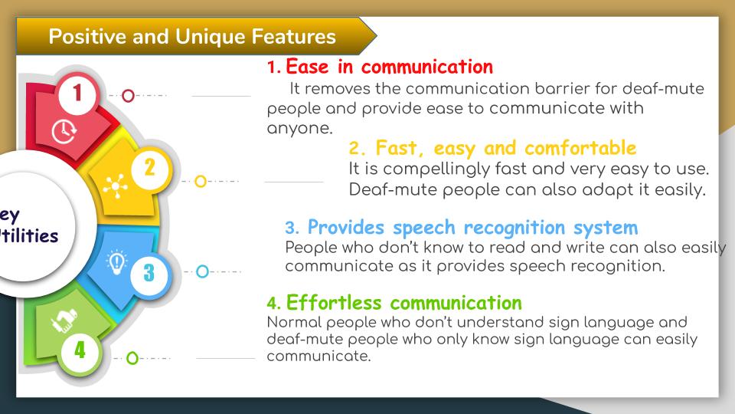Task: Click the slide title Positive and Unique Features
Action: (x=192, y=37)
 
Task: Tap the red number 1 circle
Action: (x=77, y=94)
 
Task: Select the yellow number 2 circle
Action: (x=150, y=168)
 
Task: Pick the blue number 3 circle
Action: (x=149, y=272)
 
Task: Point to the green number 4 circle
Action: (x=80, y=350)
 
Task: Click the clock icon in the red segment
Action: (x=64, y=131)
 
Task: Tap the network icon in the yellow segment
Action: (x=116, y=186)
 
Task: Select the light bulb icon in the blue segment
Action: (x=116, y=262)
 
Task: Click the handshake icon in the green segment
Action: (x=64, y=321)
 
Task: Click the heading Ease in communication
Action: (x=381, y=67)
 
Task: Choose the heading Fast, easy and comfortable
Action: (x=492, y=148)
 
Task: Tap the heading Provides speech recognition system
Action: (x=462, y=228)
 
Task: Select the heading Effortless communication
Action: (x=394, y=303)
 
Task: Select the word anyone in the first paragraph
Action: (x=299, y=129)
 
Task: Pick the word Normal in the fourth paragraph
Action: (x=294, y=323)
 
